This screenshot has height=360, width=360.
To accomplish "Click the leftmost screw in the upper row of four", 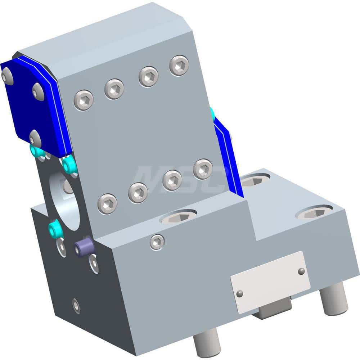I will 84,100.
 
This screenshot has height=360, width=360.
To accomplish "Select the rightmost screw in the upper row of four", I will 179,65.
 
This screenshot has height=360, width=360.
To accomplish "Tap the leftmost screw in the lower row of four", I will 107,204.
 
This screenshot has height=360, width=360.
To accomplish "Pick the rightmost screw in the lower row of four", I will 203,169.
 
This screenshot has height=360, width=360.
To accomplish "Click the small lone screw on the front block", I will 157,242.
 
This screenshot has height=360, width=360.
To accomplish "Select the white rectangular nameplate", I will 270,277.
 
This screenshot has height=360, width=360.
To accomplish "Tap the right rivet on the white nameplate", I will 301,271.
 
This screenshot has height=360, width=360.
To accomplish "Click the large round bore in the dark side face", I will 67,200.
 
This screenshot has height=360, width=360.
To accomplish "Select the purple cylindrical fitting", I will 84,248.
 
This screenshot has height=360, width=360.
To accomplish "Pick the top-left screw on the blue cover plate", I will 7,76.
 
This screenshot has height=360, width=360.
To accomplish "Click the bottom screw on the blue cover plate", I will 35,138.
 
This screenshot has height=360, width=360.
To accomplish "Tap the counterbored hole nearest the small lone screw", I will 178,217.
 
